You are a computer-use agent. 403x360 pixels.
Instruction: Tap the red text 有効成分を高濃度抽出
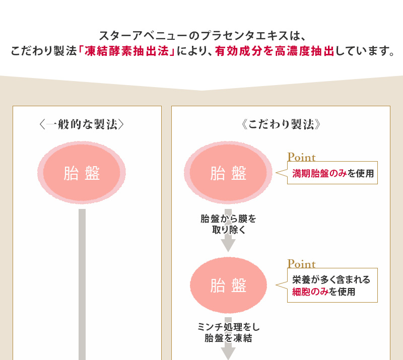coord(275,51)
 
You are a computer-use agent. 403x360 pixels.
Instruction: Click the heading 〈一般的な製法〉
coord(82,124)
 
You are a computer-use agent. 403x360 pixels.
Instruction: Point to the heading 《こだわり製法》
coord(281,124)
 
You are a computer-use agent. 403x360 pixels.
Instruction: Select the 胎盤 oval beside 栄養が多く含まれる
coord(229,285)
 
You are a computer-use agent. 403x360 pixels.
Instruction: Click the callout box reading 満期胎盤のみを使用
coord(332,174)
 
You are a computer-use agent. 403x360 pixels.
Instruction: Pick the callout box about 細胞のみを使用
coord(332,285)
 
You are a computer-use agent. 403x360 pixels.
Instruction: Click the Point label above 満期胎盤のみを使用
coord(301,157)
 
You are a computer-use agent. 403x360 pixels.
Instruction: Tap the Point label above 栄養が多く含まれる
coord(301,264)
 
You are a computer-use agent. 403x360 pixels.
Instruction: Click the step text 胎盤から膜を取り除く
coord(228,224)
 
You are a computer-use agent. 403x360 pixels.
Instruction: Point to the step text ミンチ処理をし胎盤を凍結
coord(228,333)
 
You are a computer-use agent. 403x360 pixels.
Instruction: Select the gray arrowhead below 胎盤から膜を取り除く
coord(228,245)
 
